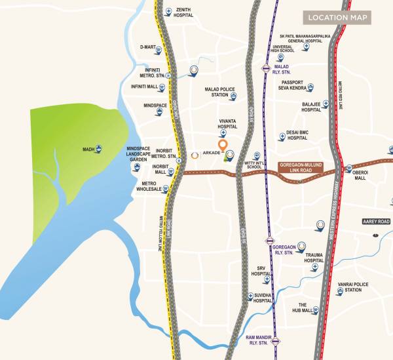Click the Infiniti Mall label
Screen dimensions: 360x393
click(145, 87)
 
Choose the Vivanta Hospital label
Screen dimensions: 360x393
click(223, 125)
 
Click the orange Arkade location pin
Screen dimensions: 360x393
click(223, 145)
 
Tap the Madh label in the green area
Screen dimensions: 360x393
click(88, 150)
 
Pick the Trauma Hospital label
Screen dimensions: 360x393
click(314, 258)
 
